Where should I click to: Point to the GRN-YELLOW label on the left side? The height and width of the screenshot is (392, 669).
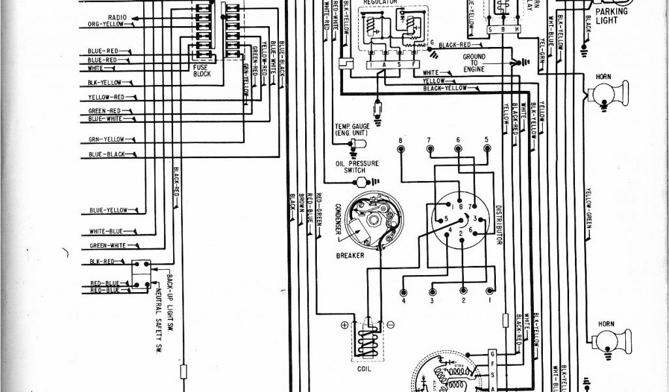106,139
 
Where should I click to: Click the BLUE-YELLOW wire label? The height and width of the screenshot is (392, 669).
108,210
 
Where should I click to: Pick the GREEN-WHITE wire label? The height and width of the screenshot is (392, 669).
108,246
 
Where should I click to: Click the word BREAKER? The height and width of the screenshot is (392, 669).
351,255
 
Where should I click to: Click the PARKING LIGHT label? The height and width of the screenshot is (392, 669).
610,16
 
